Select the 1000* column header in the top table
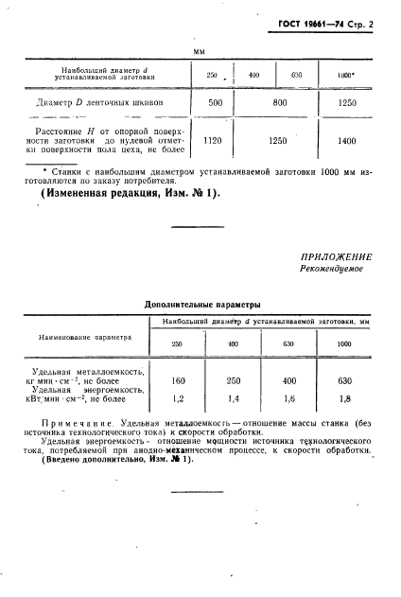[345, 74]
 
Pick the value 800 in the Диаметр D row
[278, 101]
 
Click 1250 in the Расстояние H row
[278, 141]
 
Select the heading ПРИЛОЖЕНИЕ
[336, 256]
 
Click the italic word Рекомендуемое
[332, 270]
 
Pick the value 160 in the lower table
[176, 380]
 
